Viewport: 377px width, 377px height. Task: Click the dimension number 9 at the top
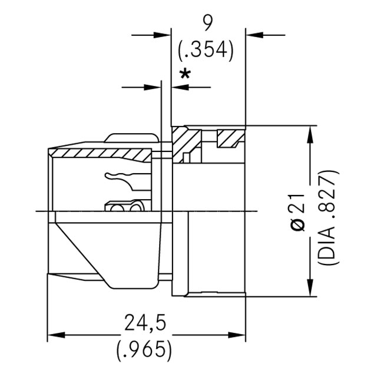tap(207, 23)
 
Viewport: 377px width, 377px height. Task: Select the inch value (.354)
tap(206, 51)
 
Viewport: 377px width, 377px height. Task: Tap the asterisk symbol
tap(186, 75)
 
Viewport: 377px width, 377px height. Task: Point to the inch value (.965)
tap(144, 349)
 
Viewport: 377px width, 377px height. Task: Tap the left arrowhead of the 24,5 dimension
tap(53, 335)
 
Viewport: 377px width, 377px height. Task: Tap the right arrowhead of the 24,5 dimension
tap(239, 335)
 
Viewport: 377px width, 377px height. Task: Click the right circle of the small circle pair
tap(136, 208)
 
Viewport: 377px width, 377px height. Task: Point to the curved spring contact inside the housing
tap(121, 177)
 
